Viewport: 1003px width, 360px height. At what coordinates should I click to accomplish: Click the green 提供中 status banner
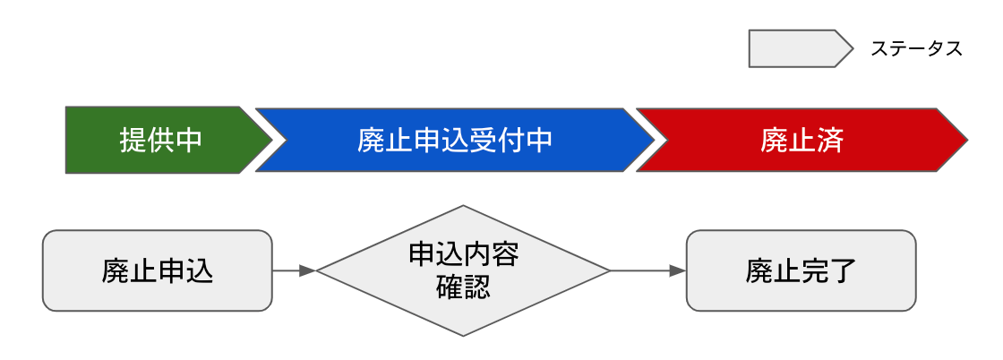pos(161,141)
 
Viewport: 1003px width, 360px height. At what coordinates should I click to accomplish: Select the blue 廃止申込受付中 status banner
pos(454,141)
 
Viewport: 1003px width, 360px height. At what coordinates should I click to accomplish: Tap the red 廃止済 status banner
pos(802,141)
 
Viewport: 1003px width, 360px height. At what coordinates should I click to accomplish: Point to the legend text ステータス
pos(916,49)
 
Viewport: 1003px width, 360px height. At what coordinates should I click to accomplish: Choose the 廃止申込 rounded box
pos(157,270)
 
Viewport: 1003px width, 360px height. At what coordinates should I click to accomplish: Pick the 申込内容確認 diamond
pos(463,270)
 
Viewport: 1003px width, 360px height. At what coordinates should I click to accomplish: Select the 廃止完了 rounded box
pos(801,270)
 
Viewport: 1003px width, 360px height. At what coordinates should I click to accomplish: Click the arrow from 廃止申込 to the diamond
pos(294,270)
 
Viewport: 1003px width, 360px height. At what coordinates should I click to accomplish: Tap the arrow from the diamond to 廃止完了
pos(647,270)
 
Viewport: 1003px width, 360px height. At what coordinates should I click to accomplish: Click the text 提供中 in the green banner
pos(161,141)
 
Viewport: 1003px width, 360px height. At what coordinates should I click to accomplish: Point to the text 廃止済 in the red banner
pos(802,141)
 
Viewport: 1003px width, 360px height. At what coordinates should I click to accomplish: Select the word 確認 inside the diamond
pos(463,288)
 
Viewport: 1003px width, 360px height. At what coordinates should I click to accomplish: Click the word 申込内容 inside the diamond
pos(463,255)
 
